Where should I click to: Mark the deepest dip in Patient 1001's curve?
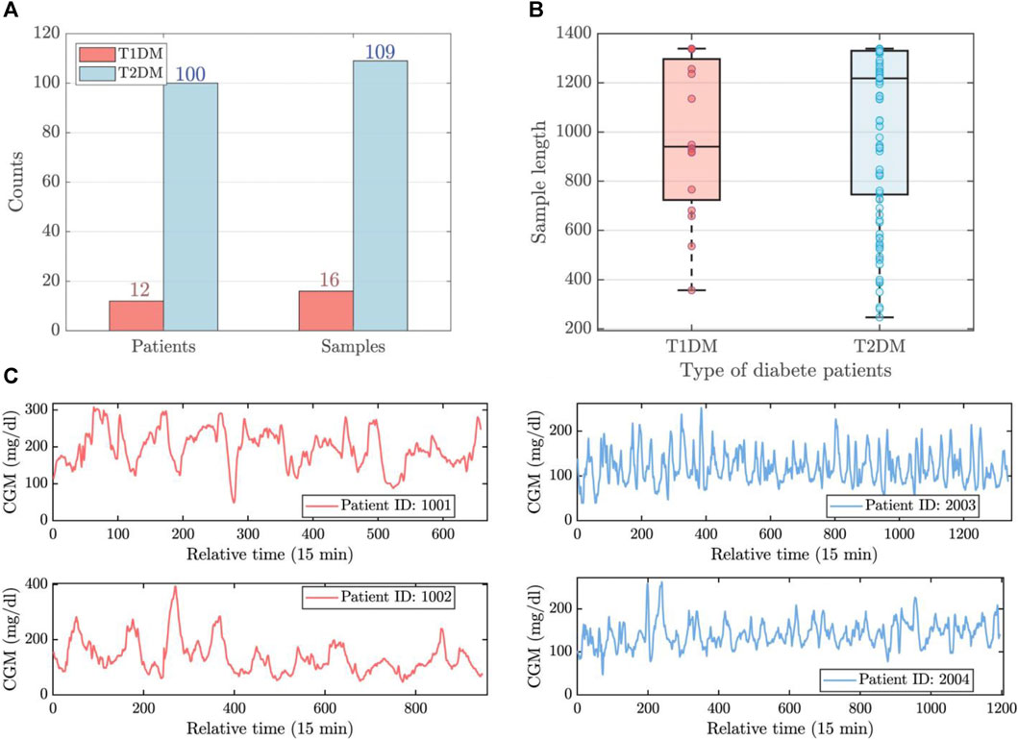point(233,502)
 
